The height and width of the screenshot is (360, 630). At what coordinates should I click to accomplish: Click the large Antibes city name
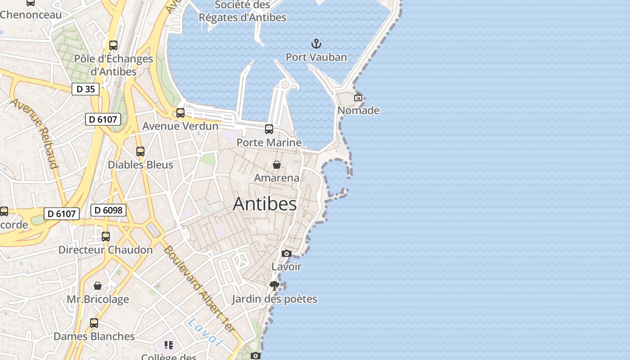point(265,204)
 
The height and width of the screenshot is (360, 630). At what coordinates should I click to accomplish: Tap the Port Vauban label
point(316,57)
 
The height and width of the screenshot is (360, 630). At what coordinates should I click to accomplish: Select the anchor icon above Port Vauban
point(316,44)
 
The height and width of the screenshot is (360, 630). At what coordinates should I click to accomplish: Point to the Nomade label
point(358,110)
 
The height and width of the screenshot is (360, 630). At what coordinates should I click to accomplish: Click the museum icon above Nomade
point(358,97)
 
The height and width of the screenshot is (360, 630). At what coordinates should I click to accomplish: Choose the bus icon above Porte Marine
point(269,129)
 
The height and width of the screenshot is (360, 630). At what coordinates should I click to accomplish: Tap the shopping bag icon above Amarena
point(277,165)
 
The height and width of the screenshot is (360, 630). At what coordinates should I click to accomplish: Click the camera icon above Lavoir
point(286,254)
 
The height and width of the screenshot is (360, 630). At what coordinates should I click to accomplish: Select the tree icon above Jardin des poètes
point(274,285)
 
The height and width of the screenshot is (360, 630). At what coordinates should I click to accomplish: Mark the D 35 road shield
point(85,89)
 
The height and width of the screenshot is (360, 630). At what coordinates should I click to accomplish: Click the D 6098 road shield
point(108,210)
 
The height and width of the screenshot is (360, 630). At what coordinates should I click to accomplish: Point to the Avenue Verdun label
point(180,126)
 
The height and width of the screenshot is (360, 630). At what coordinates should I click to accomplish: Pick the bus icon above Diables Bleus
point(140,152)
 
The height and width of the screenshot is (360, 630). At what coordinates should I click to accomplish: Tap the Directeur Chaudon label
point(105,250)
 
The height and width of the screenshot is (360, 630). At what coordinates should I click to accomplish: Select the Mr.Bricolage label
point(98,299)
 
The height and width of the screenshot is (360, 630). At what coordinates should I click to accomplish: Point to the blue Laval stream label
point(205,332)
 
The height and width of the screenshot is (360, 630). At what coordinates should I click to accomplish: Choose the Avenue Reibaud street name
point(35,133)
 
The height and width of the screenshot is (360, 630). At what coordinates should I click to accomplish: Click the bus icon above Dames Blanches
point(94,323)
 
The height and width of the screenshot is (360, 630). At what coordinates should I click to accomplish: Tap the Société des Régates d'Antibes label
point(243,11)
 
